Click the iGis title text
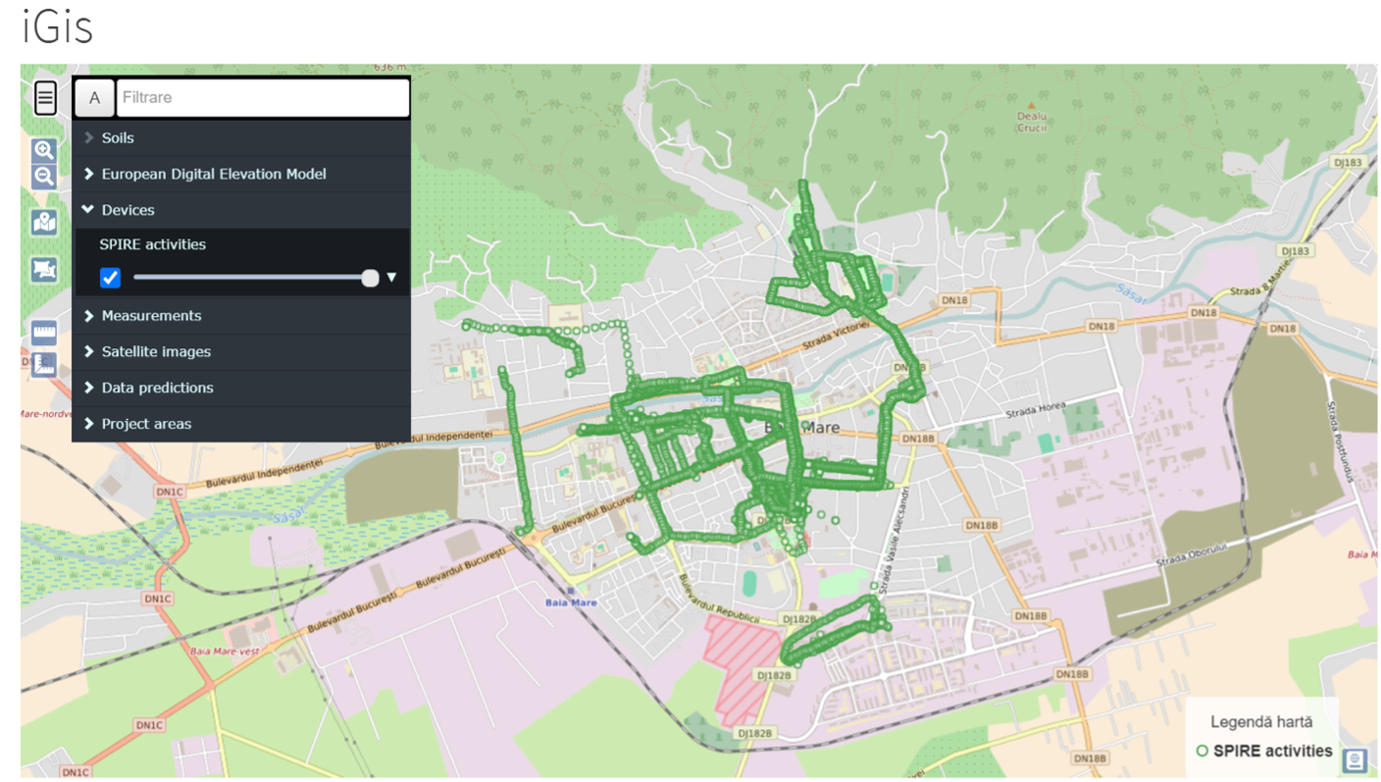pyautogui.click(x=57, y=28)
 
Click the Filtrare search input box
pyautogui.click(x=262, y=98)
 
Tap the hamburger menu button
pyautogui.click(x=45, y=98)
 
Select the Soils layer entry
pyautogui.click(x=118, y=138)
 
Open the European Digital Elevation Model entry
pyautogui.click(x=214, y=175)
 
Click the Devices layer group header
pyautogui.click(x=128, y=210)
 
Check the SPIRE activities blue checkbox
pyautogui.click(x=111, y=278)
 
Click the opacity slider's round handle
pyautogui.click(x=370, y=278)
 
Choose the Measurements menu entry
pyautogui.click(x=151, y=316)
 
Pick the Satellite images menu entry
pyautogui.click(x=156, y=352)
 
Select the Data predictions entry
pyautogui.click(x=157, y=389)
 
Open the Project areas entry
pyautogui.click(x=146, y=424)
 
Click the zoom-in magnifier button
pyautogui.click(x=44, y=150)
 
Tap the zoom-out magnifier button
pyautogui.click(x=44, y=177)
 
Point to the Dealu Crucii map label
pyautogui.click(x=1031, y=122)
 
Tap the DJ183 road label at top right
pyautogui.click(x=1350, y=163)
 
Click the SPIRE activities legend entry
pyautogui.click(x=1272, y=752)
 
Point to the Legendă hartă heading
pyautogui.click(x=1261, y=722)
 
